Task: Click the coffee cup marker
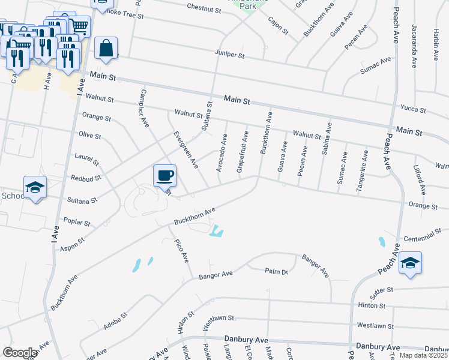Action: (x=164, y=176)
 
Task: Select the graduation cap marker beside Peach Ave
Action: (x=410, y=263)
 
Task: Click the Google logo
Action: (x=20, y=353)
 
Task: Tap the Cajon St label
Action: (x=279, y=25)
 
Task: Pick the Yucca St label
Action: (x=414, y=110)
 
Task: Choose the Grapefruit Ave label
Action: (x=241, y=153)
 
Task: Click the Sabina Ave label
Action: (x=327, y=139)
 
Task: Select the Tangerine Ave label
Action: (x=362, y=170)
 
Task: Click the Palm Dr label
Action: (x=277, y=271)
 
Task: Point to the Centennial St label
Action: (x=423, y=232)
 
